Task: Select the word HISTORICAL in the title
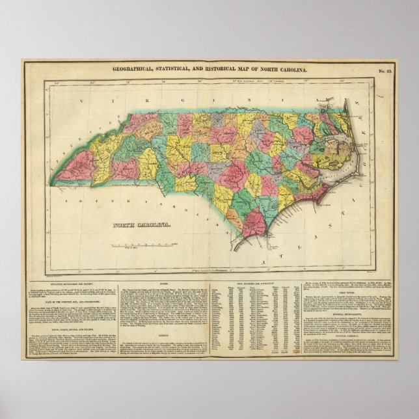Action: [x=225, y=68]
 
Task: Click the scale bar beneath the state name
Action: [x=127, y=245]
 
